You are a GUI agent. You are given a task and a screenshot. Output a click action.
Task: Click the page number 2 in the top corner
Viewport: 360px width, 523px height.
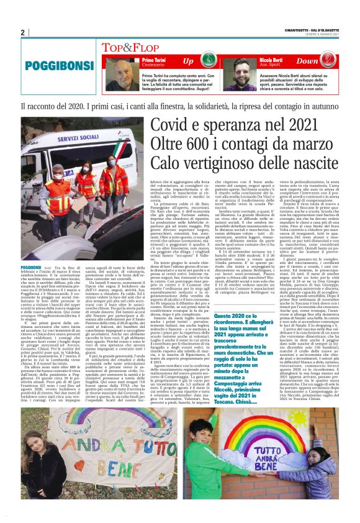coord(23,32)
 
